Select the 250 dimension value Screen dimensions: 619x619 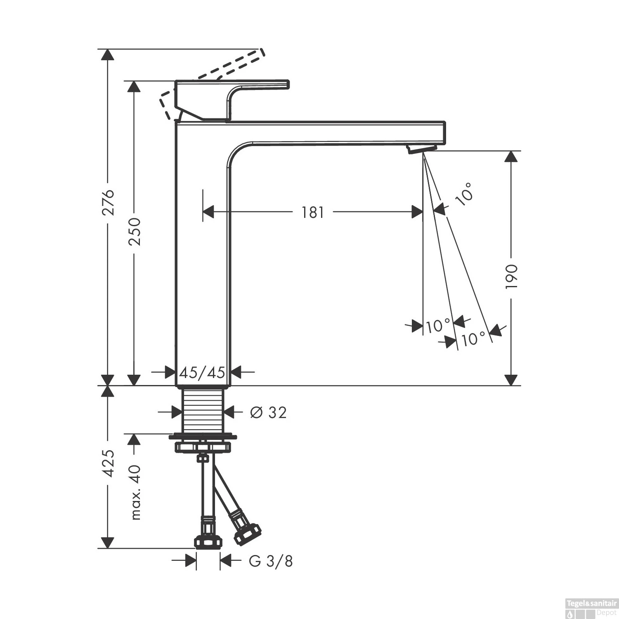click(135, 232)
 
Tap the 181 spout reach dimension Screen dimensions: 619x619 click(313, 212)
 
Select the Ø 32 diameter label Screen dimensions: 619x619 click(268, 412)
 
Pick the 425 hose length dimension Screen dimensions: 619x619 click(108, 463)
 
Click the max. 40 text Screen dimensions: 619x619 click(135, 492)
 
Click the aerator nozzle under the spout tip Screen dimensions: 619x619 click(422, 149)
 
